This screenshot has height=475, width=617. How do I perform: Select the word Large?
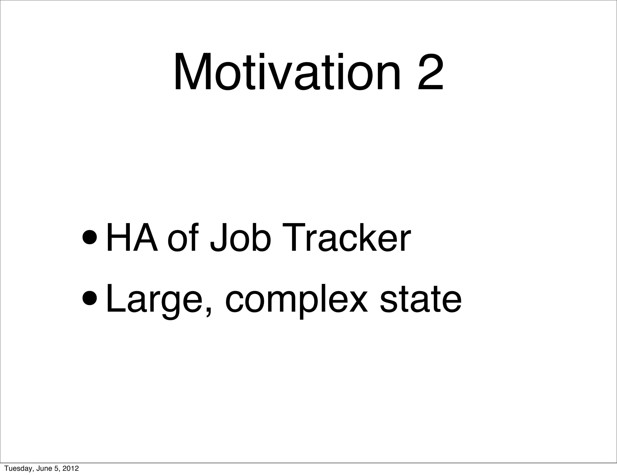155,298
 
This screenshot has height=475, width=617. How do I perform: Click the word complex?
296,298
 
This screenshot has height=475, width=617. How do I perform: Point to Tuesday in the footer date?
16,468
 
